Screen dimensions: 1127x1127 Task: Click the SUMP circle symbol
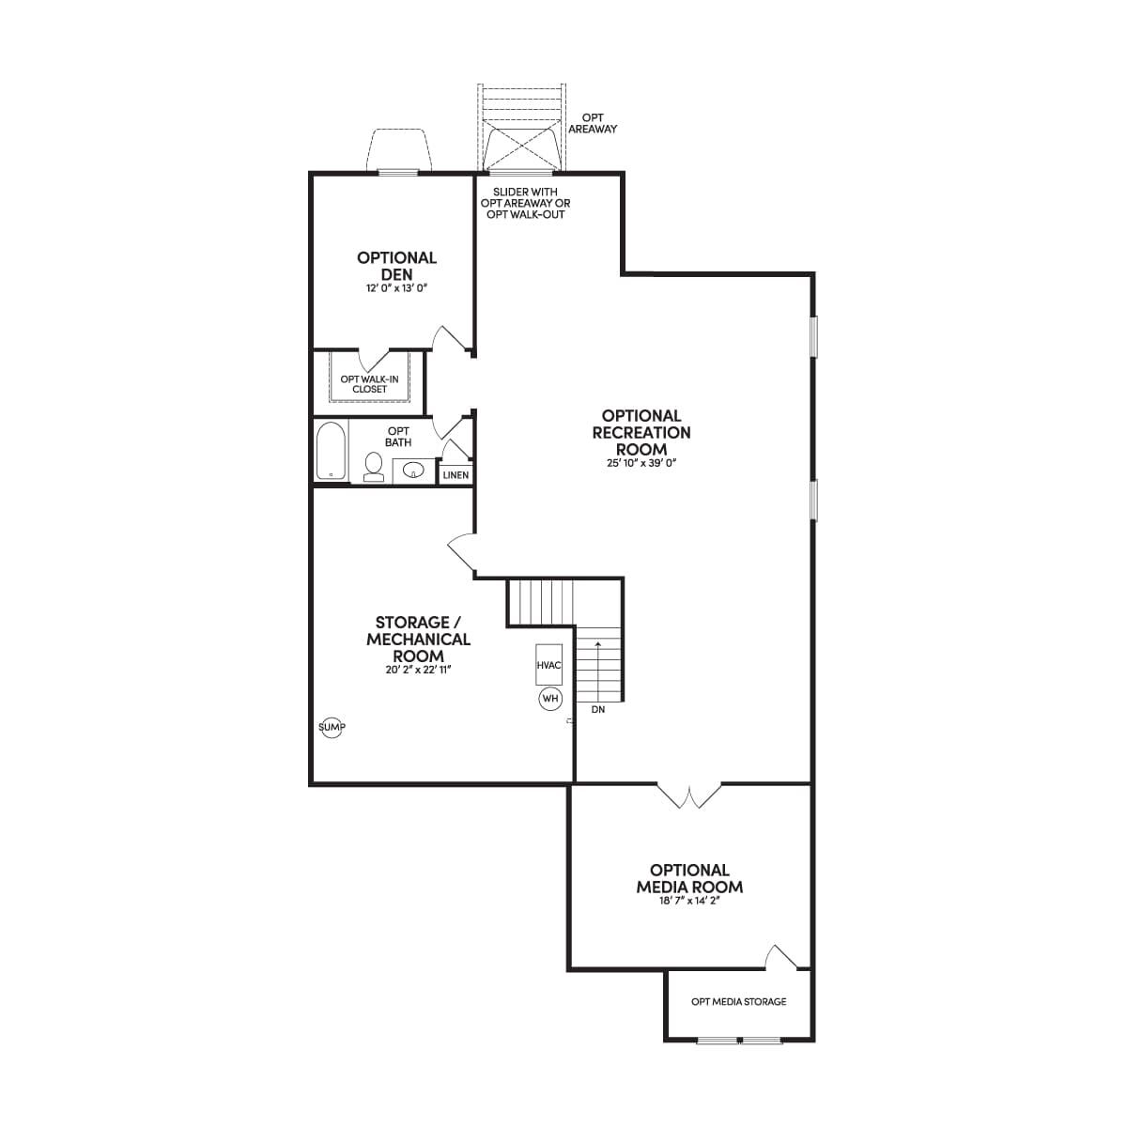[x=331, y=728]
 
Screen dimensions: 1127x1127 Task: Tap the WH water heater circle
[x=549, y=699]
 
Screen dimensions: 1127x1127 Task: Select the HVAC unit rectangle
[x=549, y=665]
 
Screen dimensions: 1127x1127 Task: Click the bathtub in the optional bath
[x=331, y=451]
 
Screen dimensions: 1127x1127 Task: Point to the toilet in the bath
[x=373, y=468]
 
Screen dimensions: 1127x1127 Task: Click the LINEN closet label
[x=455, y=475]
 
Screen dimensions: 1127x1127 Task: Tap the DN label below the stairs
[x=597, y=709]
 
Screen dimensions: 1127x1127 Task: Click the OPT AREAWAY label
[x=593, y=123]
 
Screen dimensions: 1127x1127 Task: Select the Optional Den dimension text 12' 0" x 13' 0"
[x=397, y=288]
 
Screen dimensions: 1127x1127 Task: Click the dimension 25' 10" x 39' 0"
[x=641, y=463]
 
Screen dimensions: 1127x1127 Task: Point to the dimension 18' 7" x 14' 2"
[x=689, y=902]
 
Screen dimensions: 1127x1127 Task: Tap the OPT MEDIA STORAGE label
[x=738, y=1001]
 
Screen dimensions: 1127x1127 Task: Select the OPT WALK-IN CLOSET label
[x=370, y=384]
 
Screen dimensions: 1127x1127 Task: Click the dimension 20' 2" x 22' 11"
[x=418, y=671]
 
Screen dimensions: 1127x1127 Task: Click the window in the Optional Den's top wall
[x=397, y=172]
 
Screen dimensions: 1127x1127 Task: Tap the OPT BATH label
[x=398, y=437]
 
